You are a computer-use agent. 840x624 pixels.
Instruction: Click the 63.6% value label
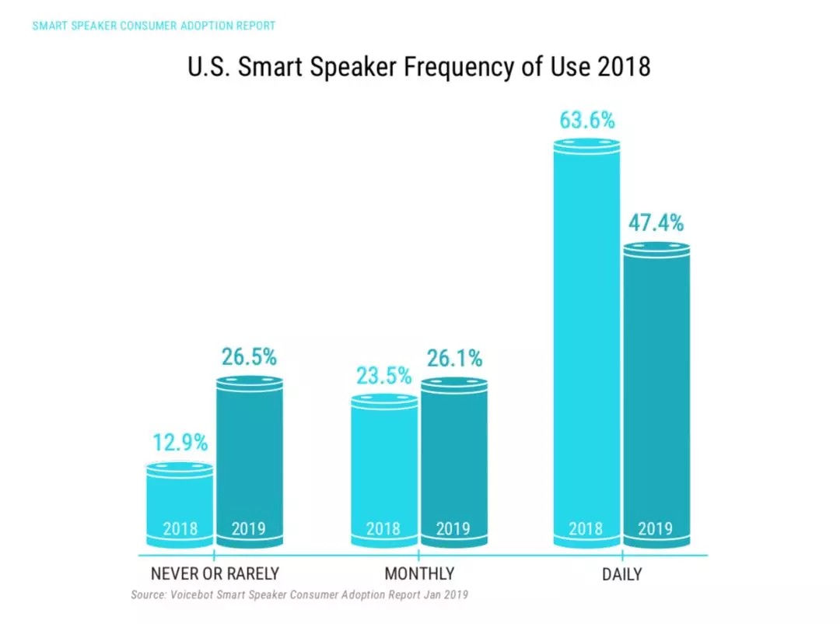tap(586, 121)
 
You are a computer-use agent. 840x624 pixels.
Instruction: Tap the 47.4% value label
tap(656, 224)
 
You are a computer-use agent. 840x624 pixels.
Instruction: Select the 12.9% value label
tap(180, 443)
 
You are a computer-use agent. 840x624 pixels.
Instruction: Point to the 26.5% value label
tap(249, 357)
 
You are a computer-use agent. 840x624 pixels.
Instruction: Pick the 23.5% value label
tap(384, 377)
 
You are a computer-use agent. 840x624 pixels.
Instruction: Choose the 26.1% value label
tap(454, 359)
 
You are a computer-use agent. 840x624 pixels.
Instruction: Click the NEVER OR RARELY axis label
tap(215, 574)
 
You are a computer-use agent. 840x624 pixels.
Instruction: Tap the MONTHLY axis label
tap(419, 574)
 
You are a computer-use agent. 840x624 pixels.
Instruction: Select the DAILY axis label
tap(622, 575)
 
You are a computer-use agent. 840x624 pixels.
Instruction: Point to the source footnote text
tap(299, 594)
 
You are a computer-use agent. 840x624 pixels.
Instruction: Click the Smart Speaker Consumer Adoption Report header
tap(154, 26)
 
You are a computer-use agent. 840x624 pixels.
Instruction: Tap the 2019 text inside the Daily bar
tap(656, 529)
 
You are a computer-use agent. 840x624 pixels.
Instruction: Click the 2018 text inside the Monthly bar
tap(383, 529)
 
